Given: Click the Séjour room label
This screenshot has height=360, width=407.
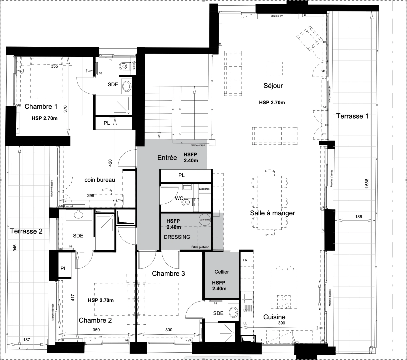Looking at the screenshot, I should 273,86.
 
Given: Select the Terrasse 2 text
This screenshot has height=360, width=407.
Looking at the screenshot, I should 26,231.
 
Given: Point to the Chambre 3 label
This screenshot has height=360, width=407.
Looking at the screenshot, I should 168,274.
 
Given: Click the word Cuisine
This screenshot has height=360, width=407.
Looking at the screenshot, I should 274,317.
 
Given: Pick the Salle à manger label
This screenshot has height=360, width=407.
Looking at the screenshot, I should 272,213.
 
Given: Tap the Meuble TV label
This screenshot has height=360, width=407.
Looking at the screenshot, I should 276,16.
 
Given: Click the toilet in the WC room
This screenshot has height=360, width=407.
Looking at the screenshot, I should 188,202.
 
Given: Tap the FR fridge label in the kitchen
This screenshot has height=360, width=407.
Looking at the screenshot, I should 245,260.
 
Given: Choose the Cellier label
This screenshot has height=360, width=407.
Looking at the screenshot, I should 222,272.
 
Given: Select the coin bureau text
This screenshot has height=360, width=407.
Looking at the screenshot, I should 99,180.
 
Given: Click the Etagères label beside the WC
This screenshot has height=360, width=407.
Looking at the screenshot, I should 204,189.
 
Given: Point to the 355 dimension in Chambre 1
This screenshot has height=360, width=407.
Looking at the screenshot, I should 54,66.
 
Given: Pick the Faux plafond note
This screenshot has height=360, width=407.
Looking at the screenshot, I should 200,247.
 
